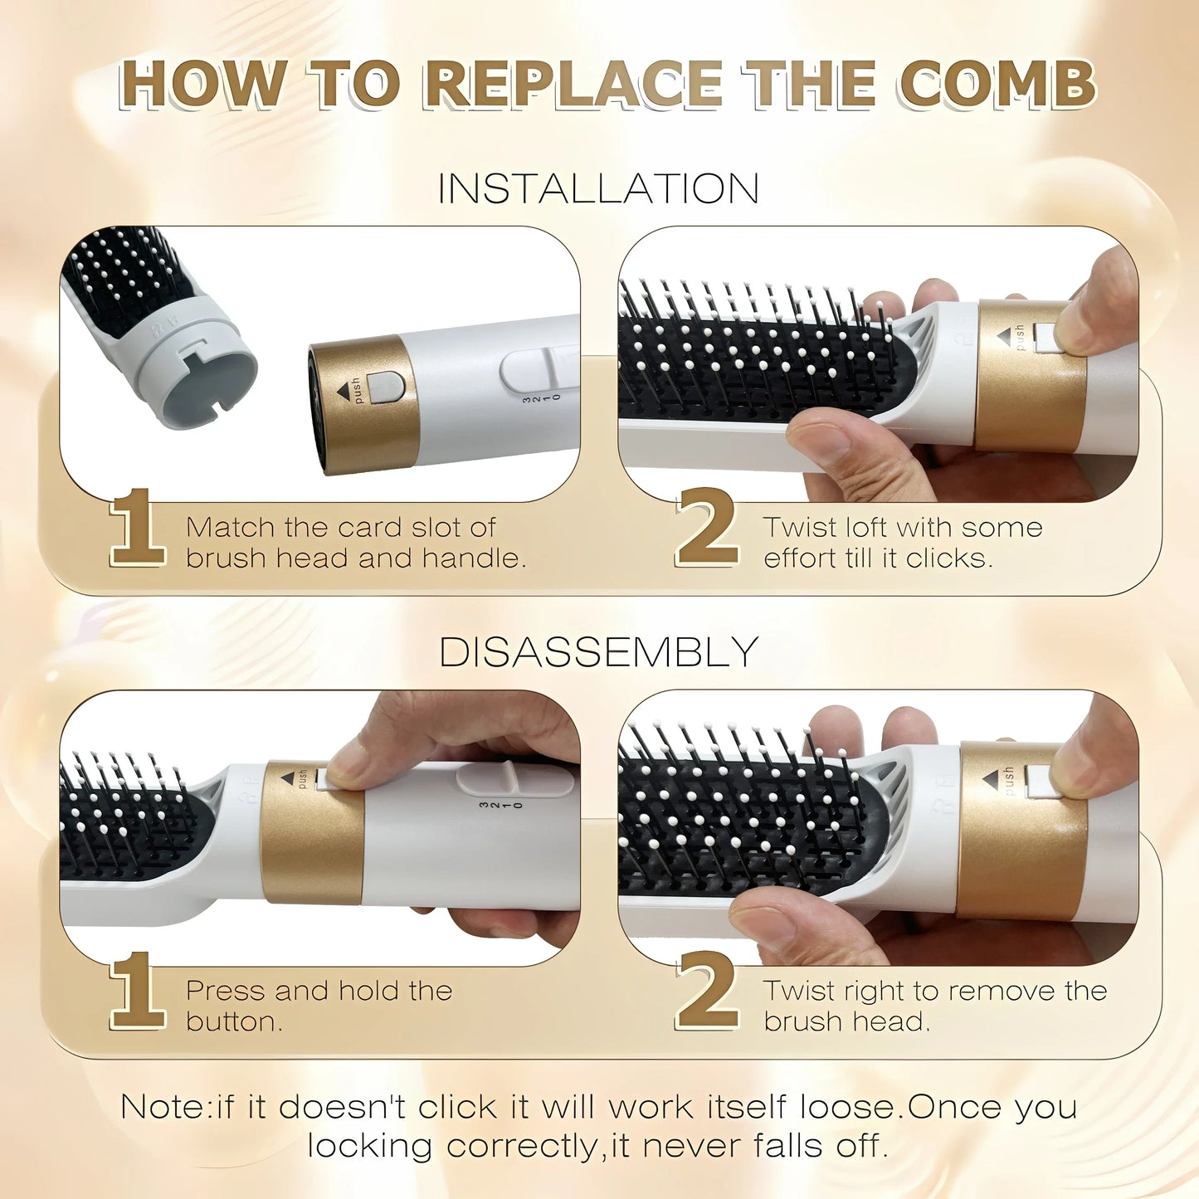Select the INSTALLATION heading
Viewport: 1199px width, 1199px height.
click(598, 188)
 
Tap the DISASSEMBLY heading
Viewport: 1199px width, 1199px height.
click(598, 651)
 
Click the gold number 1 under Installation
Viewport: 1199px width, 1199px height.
click(136, 528)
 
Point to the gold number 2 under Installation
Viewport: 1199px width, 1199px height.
click(707, 528)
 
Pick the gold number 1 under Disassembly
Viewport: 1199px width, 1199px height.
click(136, 991)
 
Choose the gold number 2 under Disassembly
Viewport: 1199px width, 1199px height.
click(707, 991)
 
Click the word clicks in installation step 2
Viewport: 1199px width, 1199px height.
click(948, 558)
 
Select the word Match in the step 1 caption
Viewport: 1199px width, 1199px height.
click(230, 528)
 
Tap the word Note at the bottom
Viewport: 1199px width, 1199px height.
click(163, 1107)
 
